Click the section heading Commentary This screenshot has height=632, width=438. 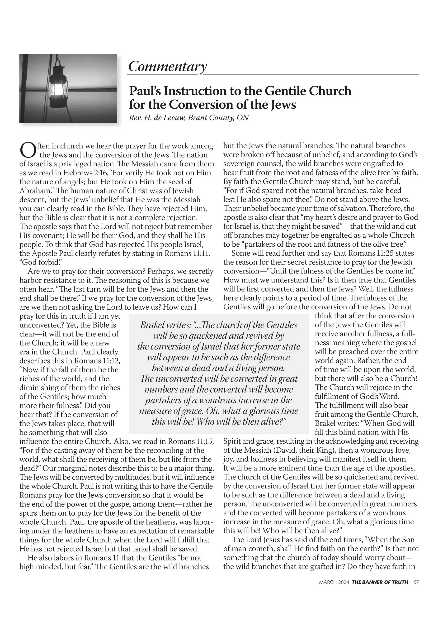click(x=167, y=67)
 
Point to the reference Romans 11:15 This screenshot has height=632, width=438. click(x=190, y=442)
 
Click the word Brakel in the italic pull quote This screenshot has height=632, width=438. click(x=152, y=325)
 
